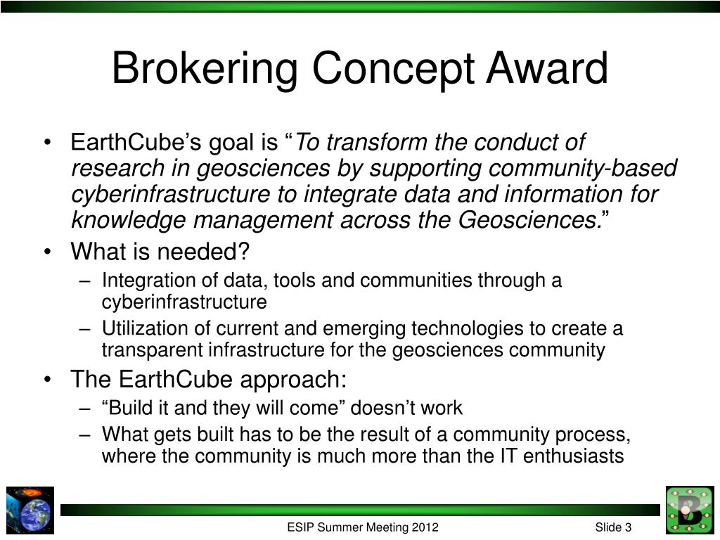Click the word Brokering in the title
point(205,69)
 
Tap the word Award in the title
point(547,68)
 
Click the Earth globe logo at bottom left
point(30,510)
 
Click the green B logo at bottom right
point(690,510)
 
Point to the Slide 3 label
point(613,527)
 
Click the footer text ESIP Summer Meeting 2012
point(363,527)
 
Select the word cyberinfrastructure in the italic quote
point(170,194)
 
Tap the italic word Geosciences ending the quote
point(527,220)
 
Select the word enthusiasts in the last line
point(573,456)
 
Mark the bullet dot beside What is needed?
point(47,252)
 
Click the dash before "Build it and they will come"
point(84,409)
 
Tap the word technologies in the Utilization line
point(468,329)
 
